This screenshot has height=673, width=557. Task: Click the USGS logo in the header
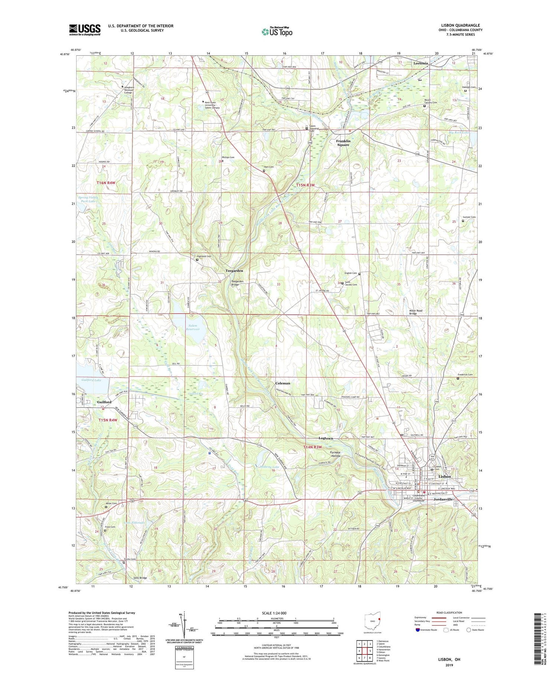click(85, 29)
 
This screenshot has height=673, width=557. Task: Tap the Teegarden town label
click(234, 271)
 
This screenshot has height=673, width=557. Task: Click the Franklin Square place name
click(343, 143)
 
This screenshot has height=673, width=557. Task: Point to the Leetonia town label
click(421, 63)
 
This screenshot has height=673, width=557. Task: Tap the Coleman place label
click(283, 383)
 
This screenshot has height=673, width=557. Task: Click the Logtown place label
click(326, 438)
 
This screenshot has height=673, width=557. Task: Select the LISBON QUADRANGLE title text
click(460, 25)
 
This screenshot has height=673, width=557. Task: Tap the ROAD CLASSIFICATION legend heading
click(449, 612)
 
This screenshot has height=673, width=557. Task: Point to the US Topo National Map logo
click(277, 31)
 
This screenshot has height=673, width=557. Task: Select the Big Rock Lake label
click(459, 132)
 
